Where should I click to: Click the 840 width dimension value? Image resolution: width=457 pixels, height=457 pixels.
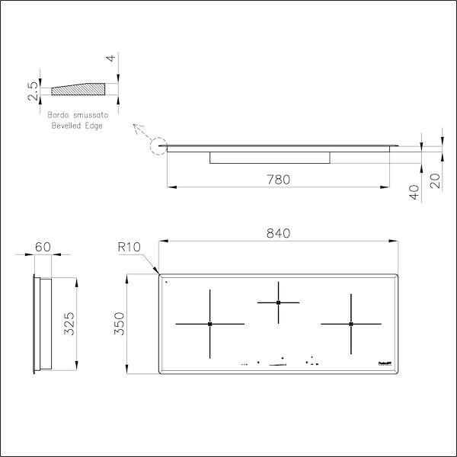279,233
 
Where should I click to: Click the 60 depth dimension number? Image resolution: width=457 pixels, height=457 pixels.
43,247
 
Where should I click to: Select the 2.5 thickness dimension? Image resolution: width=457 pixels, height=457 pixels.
31,91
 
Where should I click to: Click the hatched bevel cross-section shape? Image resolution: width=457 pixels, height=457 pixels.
76,88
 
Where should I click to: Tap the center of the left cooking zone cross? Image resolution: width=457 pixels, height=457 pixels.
209,324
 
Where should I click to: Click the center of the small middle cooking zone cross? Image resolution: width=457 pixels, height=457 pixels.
279,302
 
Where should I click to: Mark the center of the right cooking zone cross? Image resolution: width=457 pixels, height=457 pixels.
350,324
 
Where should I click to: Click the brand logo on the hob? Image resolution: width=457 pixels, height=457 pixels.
384,364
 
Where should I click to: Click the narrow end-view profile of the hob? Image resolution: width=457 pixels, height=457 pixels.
38,324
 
